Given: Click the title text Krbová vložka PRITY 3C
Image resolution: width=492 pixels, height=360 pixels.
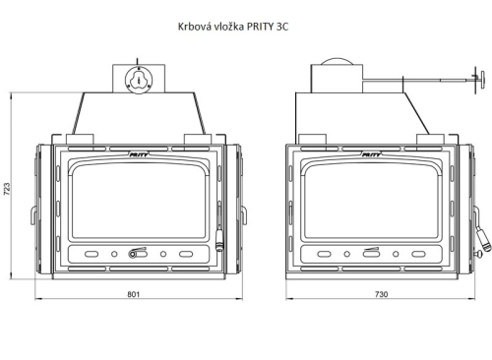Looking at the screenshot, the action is [x=233, y=27].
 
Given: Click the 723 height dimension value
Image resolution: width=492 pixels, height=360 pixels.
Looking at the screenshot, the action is [x=7, y=189].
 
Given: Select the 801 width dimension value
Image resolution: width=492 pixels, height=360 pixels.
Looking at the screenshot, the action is [x=134, y=294].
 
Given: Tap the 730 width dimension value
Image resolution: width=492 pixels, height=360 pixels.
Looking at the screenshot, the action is [x=381, y=294].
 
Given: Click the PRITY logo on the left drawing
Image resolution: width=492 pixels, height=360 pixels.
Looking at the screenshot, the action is [x=139, y=154].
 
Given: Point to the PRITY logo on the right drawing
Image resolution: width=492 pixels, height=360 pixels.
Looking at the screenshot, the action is [x=371, y=154].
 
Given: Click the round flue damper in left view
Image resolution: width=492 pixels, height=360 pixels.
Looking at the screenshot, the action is [x=139, y=80].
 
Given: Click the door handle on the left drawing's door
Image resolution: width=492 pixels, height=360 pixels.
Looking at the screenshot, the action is [x=218, y=241].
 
